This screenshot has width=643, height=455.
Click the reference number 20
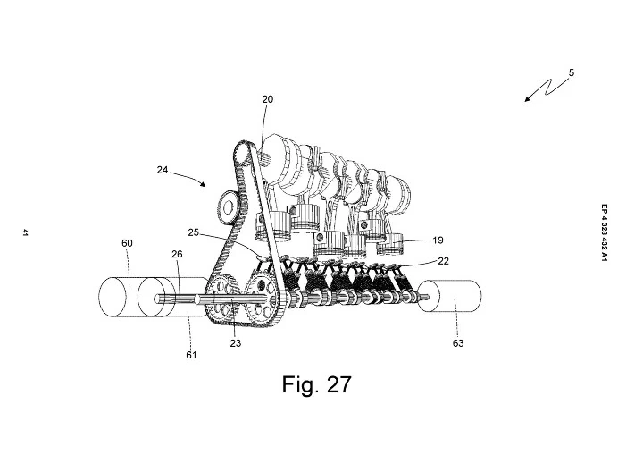point(267,99)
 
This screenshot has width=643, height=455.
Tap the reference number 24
point(163,170)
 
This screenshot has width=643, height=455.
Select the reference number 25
point(193,232)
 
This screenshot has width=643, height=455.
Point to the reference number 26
point(177,254)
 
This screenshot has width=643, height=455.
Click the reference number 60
point(127,243)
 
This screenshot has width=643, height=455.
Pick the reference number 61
point(191,355)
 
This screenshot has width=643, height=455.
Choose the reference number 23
point(236,343)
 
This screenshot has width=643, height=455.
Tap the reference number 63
point(458,343)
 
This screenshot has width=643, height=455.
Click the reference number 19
point(438,240)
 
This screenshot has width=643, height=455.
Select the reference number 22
point(443,261)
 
